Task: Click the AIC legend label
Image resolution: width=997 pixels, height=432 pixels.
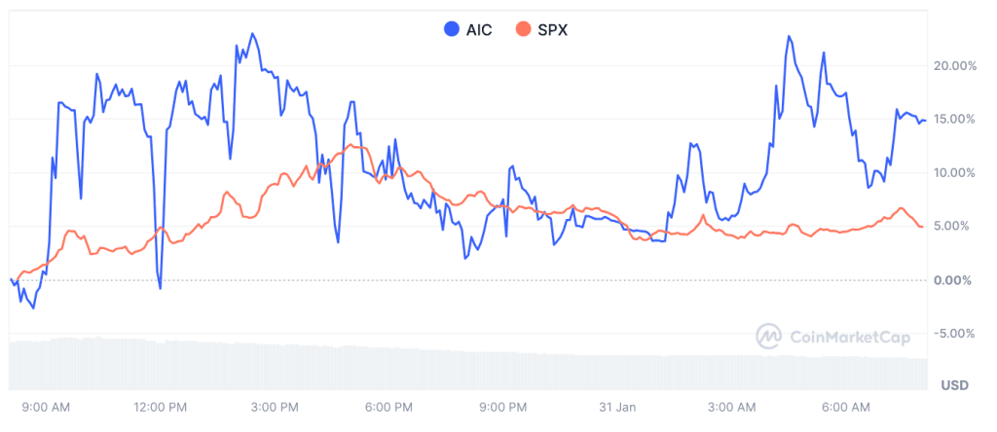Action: coord(479,29)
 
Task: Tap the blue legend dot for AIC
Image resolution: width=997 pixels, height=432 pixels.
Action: coord(451,29)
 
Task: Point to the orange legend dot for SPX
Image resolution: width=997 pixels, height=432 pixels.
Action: coord(524,29)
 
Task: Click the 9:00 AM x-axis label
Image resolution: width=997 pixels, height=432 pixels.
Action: coord(45,406)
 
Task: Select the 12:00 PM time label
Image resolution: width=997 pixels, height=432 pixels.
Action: coord(161,406)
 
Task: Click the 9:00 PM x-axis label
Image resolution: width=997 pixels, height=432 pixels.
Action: coord(504,406)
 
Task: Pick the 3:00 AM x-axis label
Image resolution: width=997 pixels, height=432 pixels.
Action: coord(732,406)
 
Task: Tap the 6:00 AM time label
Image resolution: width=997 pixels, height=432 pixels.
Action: coord(846,406)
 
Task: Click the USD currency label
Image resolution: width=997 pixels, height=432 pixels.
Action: coord(955,386)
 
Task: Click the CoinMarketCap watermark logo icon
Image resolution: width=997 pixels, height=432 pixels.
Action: coord(770,337)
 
